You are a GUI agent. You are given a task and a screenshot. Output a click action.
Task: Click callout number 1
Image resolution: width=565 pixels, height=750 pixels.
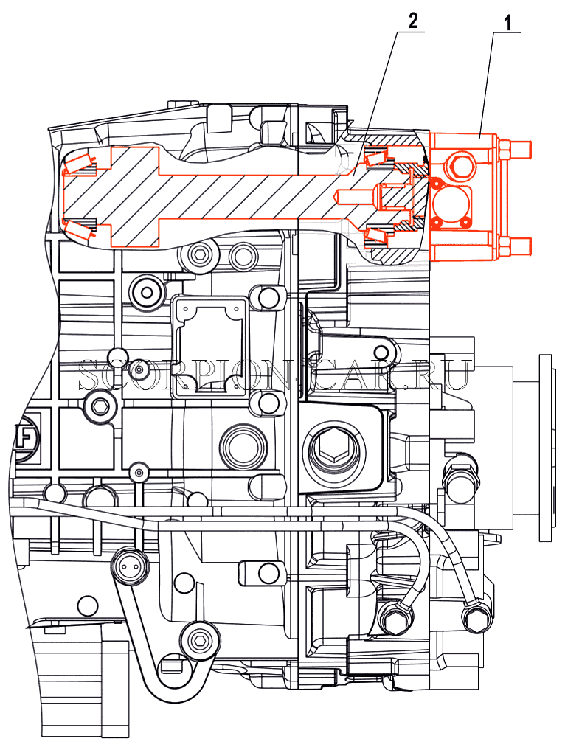[507, 22]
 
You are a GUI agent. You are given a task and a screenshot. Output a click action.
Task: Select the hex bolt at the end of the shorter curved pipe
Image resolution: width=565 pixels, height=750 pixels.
[393, 619]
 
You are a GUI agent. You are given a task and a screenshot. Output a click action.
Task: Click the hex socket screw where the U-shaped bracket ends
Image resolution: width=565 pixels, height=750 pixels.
[198, 640]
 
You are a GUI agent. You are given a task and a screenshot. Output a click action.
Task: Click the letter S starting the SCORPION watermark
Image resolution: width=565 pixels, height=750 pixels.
[88, 374]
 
